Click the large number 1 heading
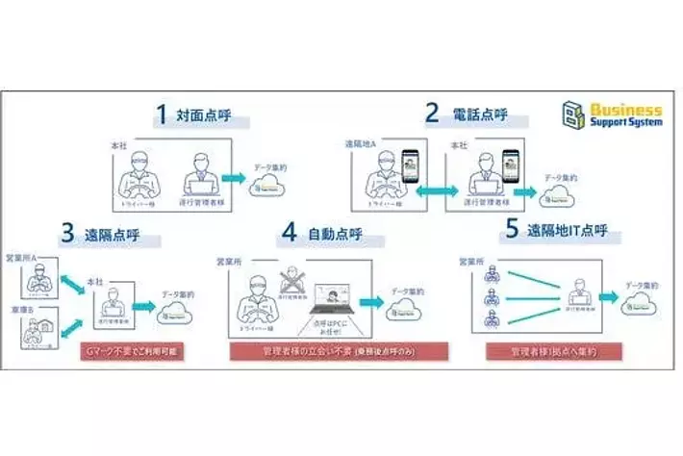tap(164, 117)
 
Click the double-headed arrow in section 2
tap(437, 192)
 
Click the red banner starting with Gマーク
tap(132, 353)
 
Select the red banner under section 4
tap(342, 353)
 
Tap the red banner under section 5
tap(554, 353)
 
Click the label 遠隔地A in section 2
tap(361, 143)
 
